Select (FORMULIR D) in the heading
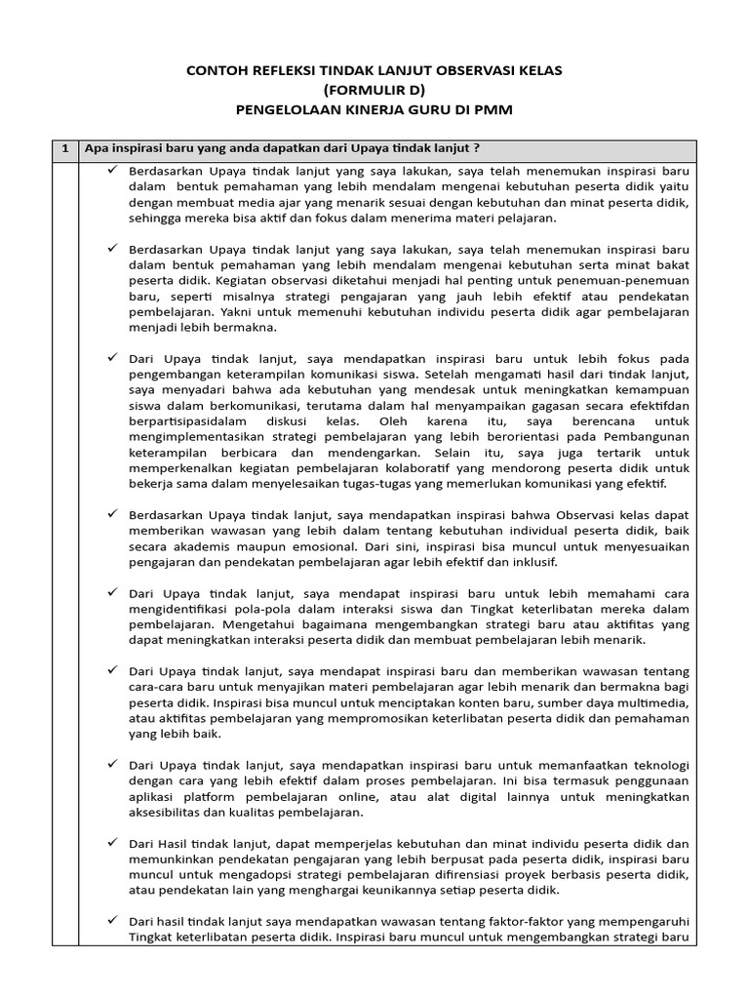click(374, 91)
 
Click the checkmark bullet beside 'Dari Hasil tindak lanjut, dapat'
click(113, 843)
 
